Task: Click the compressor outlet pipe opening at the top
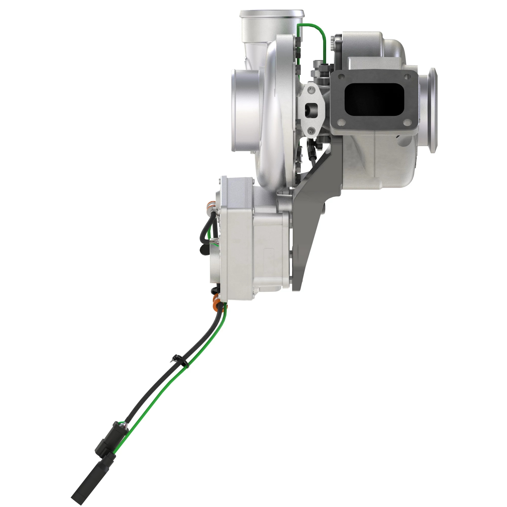tap(272, 13)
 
